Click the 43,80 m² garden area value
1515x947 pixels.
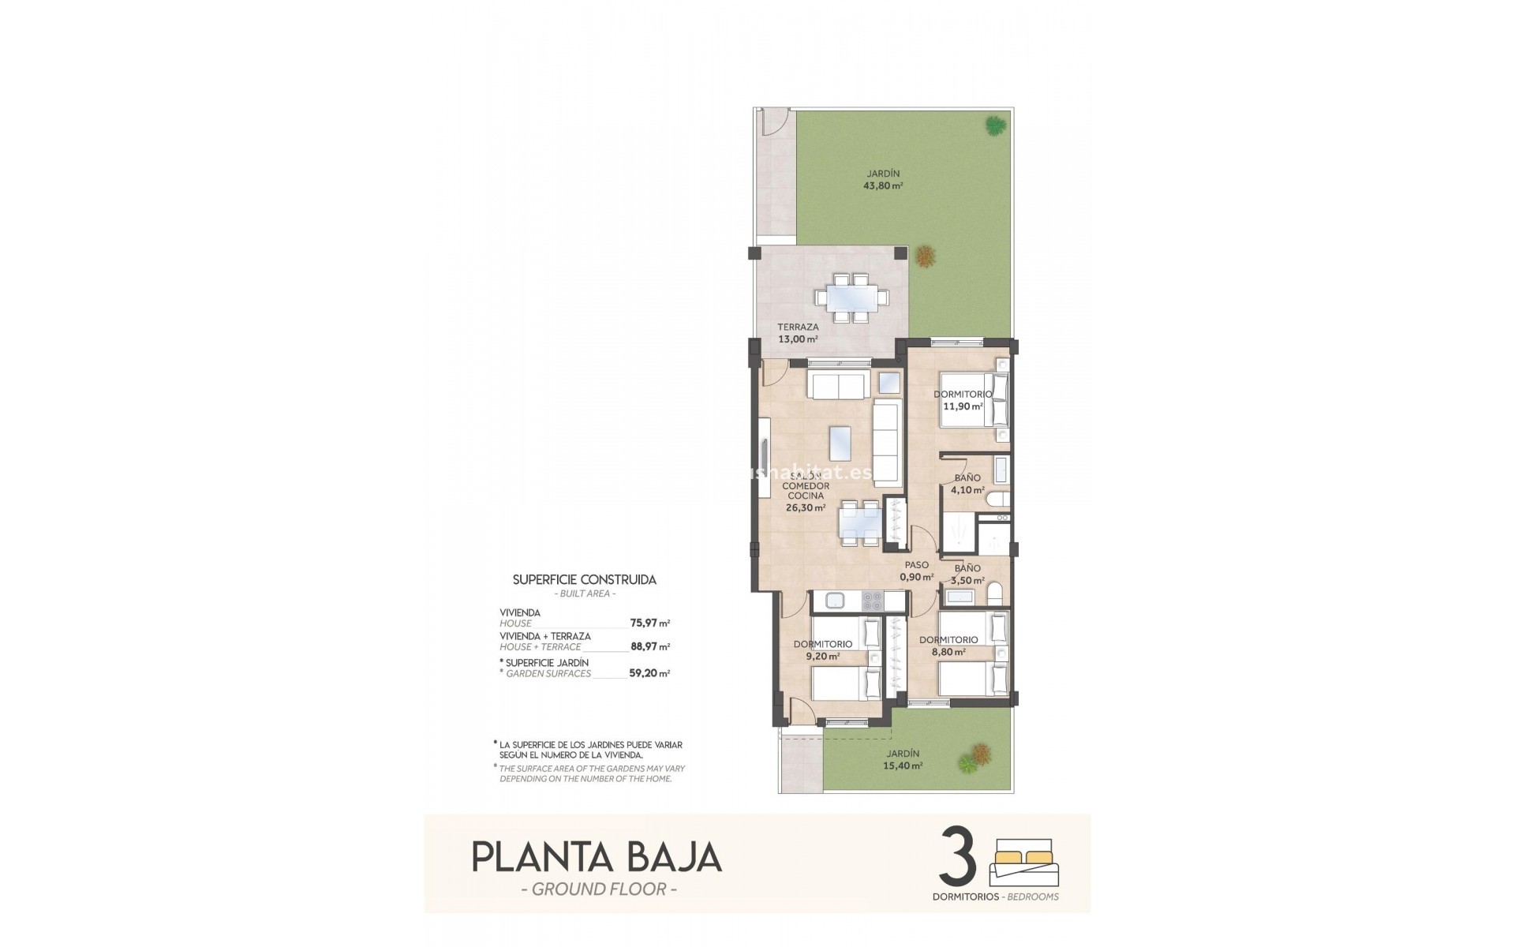(x=883, y=187)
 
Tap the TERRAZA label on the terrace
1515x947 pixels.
(x=798, y=327)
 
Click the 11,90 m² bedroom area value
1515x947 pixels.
(x=963, y=407)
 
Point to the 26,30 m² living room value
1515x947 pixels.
(x=806, y=509)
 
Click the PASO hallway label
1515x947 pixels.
(x=916, y=565)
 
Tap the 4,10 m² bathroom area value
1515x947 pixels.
(x=967, y=490)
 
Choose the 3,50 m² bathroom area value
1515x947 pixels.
(x=967, y=581)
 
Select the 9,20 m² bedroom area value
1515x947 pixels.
(x=822, y=656)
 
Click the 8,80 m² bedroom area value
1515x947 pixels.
(x=948, y=653)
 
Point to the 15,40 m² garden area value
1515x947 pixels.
(x=903, y=765)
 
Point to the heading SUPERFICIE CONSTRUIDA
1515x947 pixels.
(x=584, y=579)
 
